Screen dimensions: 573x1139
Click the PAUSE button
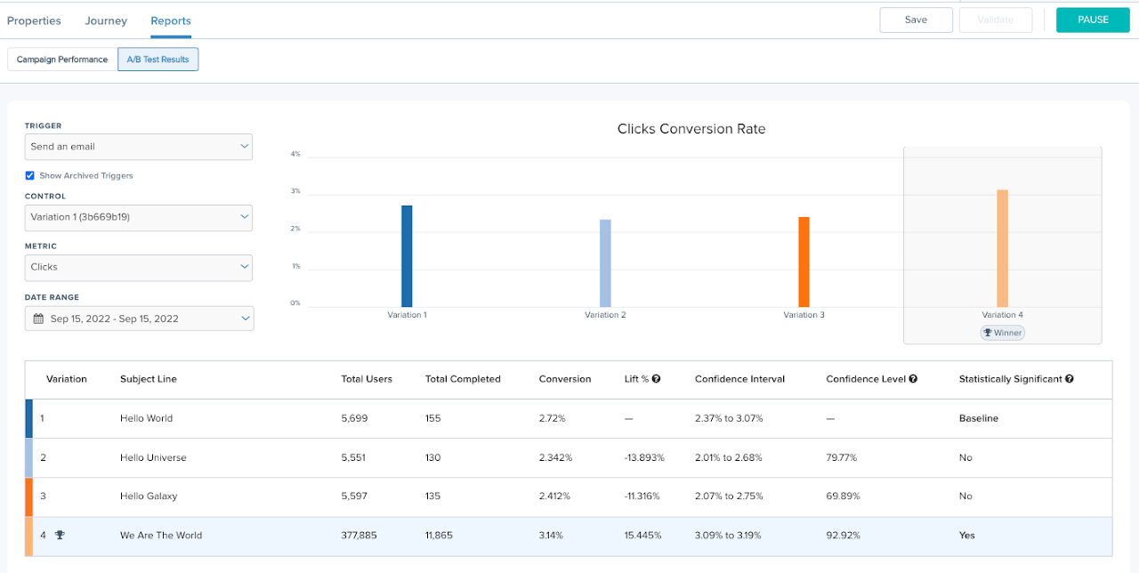click(x=1092, y=20)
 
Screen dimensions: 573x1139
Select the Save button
click(x=916, y=20)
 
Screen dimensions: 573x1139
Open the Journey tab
click(x=106, y=20)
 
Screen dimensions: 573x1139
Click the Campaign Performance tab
click(x=62, y=60)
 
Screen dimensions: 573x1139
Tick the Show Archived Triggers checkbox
click(x=30, y=176)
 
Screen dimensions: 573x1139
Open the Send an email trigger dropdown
click(x=138, y=147)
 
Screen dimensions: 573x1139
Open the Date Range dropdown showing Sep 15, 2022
click(x=138, y=319)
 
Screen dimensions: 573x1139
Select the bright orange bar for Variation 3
click(x=804, y=262)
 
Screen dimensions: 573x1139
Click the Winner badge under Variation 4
click(x=1002, y=333)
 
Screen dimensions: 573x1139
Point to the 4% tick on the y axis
click(x=295, y=154)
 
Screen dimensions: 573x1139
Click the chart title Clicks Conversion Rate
click(x=691, y=129)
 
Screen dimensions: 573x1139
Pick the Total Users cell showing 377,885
click(x=360, y=536)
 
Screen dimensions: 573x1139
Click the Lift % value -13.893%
click(x=645, y=457)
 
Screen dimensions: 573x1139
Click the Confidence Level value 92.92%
click(x=843, y=536)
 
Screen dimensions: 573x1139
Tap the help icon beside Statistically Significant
click(x=1069, y=379)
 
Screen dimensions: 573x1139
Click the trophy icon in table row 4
click(x=60, y=536)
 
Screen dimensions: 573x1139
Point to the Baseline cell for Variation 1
click(x=978, y=418)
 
